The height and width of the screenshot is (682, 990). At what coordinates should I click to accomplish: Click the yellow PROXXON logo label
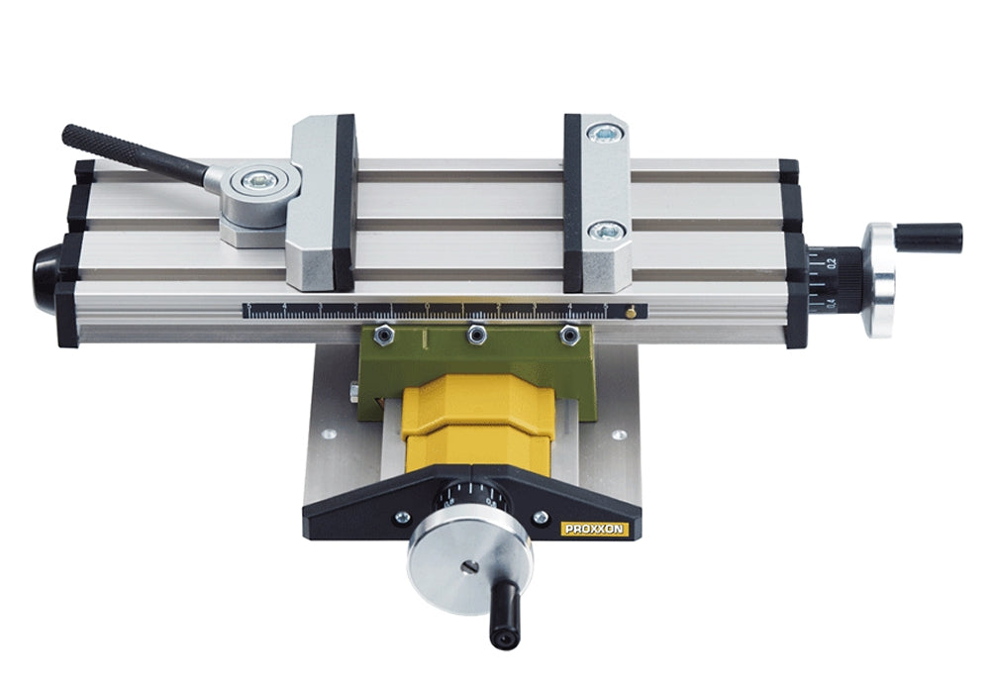(x=595, y=530)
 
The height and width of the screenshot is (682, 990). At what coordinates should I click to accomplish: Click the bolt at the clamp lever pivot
(x=260, y=180)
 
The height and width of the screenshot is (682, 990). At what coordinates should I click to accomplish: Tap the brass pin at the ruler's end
(x=631, y=313)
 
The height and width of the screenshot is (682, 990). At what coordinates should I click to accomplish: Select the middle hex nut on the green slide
(x=476, y=337)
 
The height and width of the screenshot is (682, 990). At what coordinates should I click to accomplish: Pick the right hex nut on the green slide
(x=569, y=336)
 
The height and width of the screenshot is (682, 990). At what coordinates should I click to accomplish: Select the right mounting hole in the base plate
(x=619, y=435)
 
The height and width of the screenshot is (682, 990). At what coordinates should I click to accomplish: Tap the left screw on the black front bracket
(x=402, y=517)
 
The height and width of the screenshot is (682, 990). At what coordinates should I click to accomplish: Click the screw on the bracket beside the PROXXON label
(x=541, y=518)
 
